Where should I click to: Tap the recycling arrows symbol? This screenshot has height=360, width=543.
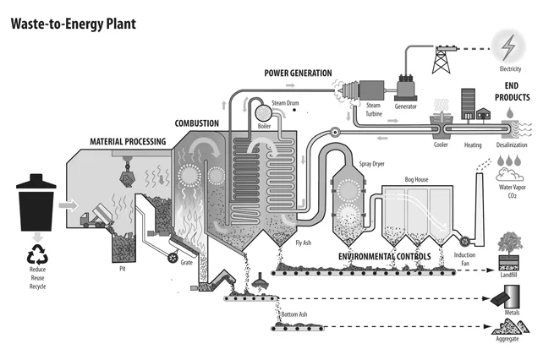(x=37, y=254)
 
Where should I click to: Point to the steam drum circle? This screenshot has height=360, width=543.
(x=264, y=113)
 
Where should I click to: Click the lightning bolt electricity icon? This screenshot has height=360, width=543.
(x=508, y=47)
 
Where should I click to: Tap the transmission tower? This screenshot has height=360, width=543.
(x=442, y=59)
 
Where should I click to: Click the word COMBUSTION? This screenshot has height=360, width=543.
(x=197, y=123)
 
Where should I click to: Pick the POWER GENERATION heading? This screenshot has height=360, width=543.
(x=299, y=73)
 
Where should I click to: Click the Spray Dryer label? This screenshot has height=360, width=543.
(x=371, y=164)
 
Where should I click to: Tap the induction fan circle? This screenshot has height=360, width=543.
(x=465, y=240)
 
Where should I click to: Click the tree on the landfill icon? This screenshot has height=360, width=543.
(x=510, y=243)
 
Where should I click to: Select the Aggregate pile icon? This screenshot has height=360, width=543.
(x=510, y=326)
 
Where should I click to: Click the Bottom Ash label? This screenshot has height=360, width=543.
(x=294, y=314)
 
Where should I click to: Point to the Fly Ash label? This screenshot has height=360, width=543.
(x=304, y=243)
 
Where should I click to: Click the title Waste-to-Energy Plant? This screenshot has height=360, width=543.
(x=74, y=24)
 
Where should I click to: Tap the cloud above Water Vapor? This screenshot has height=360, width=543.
(x=509, y=174)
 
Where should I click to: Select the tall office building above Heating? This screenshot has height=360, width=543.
(x=468, y=104)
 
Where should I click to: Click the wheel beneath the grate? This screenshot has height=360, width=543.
(x=172, y=257)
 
